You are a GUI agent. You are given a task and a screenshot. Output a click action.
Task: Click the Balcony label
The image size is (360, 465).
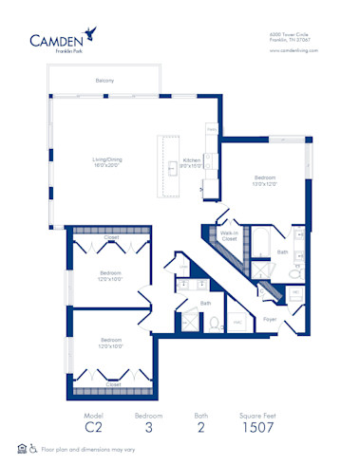pyautogui.click(x=104, y=81)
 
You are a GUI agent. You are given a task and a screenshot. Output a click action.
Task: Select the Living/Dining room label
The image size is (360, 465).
pyautogui.click(x=106, y=162)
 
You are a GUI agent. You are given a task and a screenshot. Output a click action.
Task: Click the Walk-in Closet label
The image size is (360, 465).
pyautogui.click(x=228, y=236)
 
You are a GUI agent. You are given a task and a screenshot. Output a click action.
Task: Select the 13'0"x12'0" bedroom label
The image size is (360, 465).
pyautogui.click(x=264, y=181)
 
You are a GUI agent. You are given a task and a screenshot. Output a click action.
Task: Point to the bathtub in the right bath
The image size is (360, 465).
pyautogui.click(x=259, y=245)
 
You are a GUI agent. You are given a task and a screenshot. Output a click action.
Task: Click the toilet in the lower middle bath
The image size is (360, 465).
pyautogui.click(x=215, y=321)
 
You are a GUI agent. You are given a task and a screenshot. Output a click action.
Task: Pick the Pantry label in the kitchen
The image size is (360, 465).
pyautogui.click(x=212, y=127)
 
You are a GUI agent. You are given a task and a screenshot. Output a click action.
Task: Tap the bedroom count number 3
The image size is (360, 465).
pyautogui.click(x=148, y=427)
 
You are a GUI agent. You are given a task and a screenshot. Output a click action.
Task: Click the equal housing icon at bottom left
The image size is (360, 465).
pyautogui.click(x=21, y=448)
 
